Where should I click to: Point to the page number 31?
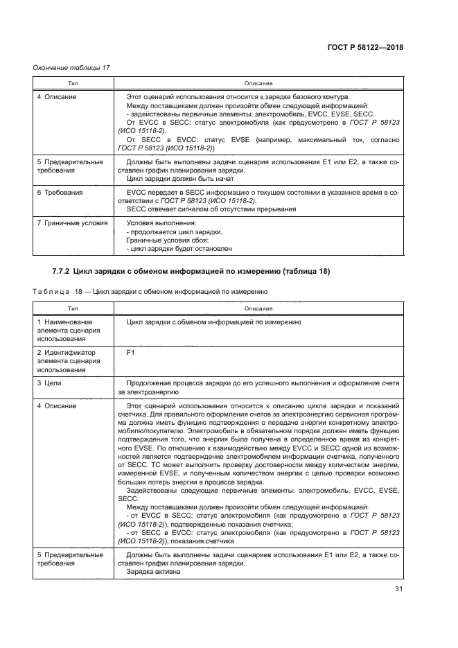[x=398, y=589]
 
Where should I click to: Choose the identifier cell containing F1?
[x=131, y=353]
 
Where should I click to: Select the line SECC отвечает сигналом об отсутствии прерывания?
[x=211, y=209]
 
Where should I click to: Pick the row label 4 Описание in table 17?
[x=56, y=97]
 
